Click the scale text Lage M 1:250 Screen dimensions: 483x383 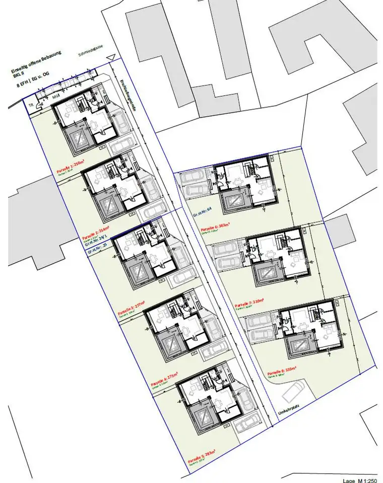click(x=359, y=480)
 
